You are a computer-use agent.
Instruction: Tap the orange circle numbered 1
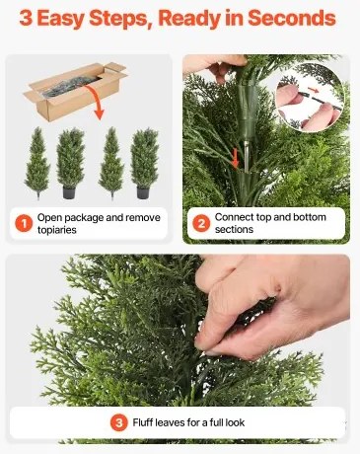[22, 222]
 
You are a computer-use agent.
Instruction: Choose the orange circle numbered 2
[201, 222]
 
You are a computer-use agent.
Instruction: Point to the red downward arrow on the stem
[236, 155]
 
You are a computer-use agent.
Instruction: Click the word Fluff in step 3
[144, 423]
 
